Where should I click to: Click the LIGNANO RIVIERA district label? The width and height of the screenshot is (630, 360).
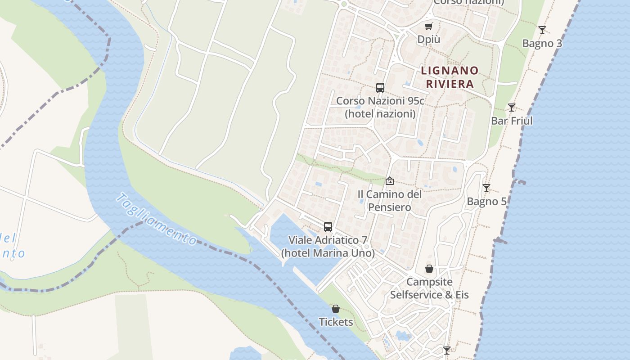[x=450, y=77]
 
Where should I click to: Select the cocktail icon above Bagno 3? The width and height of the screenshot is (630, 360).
[x=542, y=30]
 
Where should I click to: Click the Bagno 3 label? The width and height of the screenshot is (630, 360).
[x=542, y=44]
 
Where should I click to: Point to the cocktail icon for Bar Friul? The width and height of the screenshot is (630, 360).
[x=512, y=108]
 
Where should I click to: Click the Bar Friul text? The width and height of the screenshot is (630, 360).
[x=512, y=121]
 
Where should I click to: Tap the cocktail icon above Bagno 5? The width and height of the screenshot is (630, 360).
[x=486, y=188]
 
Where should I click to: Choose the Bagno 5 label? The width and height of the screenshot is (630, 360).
[x=486, y=202]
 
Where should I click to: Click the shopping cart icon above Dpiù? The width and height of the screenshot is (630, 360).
[x=428, y=27]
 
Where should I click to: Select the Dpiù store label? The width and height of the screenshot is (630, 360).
[x=428, y=40]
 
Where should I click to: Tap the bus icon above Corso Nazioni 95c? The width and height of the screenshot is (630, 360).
[x=380, y=88]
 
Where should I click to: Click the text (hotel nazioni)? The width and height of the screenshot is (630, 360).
[x=380, y=114]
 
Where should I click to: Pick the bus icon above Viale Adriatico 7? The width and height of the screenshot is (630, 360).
[x=328, y=227]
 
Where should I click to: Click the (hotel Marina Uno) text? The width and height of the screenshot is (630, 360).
[x=328, y=253]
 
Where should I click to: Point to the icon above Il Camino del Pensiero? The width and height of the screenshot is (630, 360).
[x=390, y=181]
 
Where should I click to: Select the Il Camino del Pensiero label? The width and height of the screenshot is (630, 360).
[x=390, y=201]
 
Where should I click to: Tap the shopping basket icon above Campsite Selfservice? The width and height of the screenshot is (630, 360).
[x=429, y=269]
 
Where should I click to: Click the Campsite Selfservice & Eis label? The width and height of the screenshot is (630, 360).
[x=429, y=288]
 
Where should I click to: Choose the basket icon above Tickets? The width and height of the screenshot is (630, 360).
[x=336, y=309]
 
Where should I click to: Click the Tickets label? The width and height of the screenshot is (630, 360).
[x=336, y=322]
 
